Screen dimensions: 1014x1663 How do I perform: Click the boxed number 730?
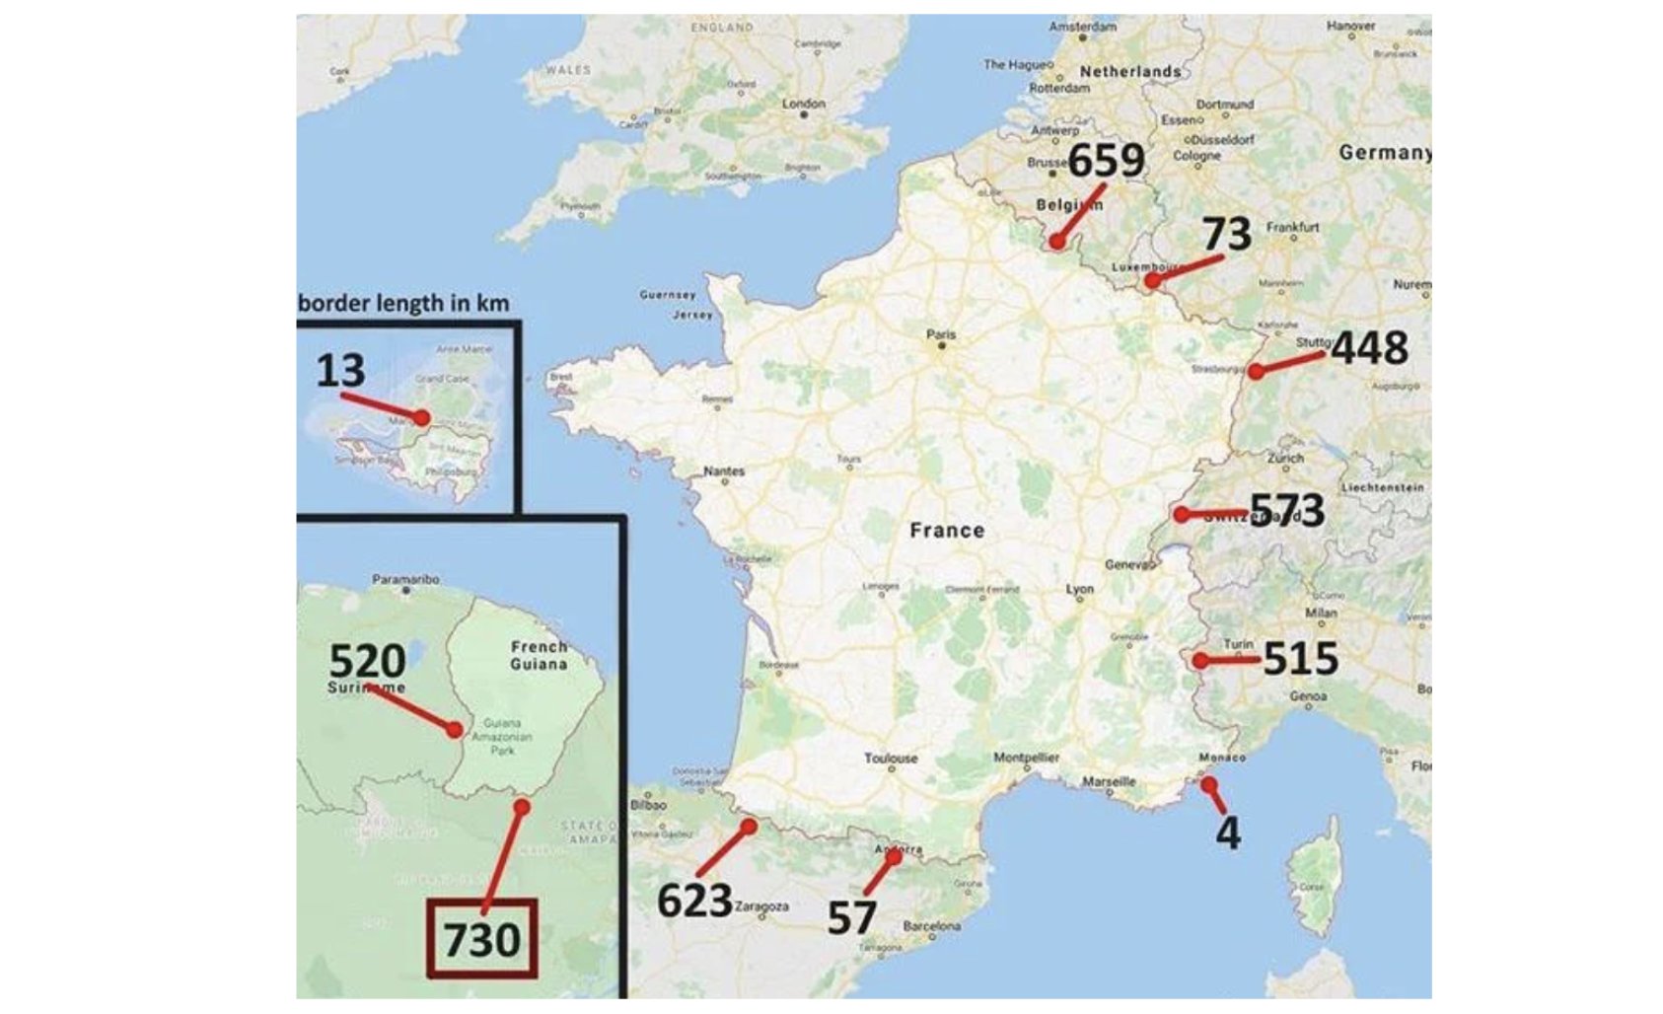point(481,939)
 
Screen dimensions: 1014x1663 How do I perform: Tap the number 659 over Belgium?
point(1106,161)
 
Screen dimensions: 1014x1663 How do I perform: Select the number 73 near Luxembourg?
point(1227,234)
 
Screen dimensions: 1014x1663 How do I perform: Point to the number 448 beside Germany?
point(1369,348)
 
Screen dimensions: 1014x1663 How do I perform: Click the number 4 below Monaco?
point(1227,833)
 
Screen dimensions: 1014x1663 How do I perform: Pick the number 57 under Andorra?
point(850,917)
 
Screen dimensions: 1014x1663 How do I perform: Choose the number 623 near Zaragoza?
point(694,901)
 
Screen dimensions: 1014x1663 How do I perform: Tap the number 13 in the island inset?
point(340,371)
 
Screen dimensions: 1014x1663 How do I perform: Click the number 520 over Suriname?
point(367,660)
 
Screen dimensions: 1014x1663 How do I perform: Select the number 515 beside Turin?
point(1300,659)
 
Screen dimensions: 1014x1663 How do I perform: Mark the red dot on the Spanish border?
point(750,827)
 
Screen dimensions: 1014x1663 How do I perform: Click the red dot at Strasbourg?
point(1255,372)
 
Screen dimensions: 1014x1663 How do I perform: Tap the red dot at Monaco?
point(1208,784)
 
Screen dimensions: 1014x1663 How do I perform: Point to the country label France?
point(947,531)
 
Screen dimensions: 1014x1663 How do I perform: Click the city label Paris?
point(941,335)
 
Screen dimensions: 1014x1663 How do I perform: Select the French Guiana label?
point(539,655)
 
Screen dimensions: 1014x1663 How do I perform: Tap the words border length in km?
point(403,303)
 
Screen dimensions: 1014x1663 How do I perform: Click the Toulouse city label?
point(891,758)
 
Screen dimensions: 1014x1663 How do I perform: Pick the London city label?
point(803,103)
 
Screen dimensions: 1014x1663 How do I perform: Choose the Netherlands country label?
point(1129,72)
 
